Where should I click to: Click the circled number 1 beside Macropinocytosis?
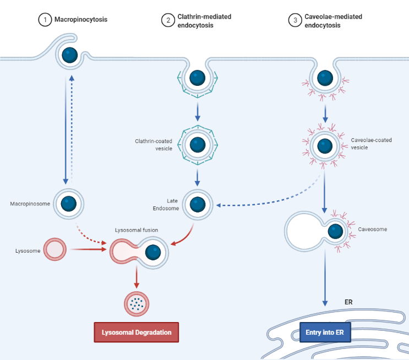pos(43,20)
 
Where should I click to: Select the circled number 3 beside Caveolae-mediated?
pos(295,20)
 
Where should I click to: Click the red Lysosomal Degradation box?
pos(137,332)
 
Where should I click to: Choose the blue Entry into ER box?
pos(324,333)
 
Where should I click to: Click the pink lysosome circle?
pos(54,250)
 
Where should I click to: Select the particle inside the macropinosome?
pos(69,204)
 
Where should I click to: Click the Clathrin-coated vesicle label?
pos(154,145)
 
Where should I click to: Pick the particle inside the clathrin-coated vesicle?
pos(198,145)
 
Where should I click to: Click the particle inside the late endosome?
pos(198,205)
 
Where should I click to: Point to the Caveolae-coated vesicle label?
pos(372,144)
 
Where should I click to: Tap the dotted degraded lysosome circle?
pos(136,302)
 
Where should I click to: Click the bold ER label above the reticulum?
pos(348,302)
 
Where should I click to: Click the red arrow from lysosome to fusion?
pos(88,250)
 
